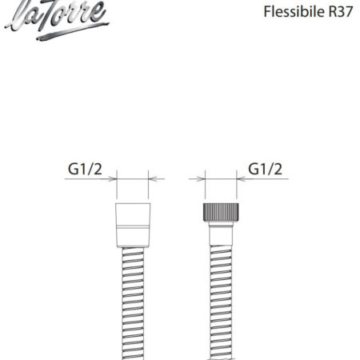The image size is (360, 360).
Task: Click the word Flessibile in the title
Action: point(294,12)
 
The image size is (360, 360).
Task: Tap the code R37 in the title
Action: point(341,12)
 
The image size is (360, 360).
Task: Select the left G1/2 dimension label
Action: point(85,169)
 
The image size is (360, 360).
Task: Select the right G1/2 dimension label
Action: point(265,169)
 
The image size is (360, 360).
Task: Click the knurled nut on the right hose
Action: point(221,212)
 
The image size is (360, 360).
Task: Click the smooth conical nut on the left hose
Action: point(133,226)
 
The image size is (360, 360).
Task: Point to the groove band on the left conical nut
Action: point(133,227)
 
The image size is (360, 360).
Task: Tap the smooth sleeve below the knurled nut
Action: point(221,234)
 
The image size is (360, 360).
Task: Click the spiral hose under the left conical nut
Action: point(133,304)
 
